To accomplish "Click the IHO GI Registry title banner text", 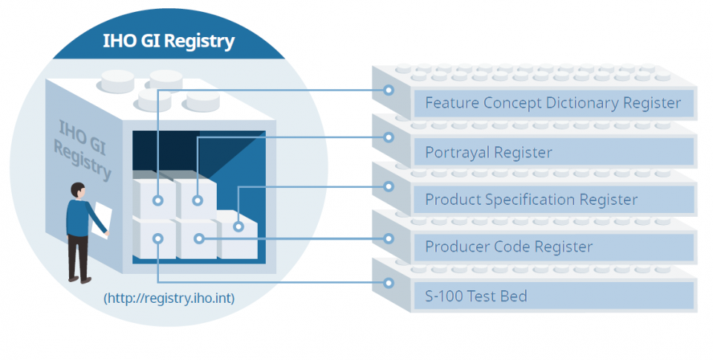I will [x=169, y=41].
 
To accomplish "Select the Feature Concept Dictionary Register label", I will [x=553, y=103].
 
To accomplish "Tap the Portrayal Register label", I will [x=488, y=153].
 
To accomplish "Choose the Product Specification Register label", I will [x=530, y=200].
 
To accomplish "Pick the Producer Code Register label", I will [x=508, y=246].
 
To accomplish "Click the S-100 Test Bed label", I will [x=475, y=296].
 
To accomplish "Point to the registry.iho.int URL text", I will [x=170, y=298].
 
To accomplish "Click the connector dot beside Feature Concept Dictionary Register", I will [x=388, y=91].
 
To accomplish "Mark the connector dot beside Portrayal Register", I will [x=388, y=137].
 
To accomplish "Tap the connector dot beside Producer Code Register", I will [x=388, y=238].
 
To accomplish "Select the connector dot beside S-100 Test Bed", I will [x=388, y=283].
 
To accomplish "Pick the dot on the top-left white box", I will [x=158, y=200].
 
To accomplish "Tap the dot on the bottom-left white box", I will [x=158, y=238].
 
